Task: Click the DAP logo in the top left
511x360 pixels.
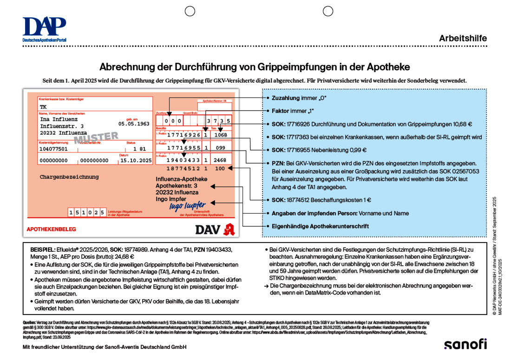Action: [x=44, y=29]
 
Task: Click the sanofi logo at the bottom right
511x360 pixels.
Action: [x=465, y=344]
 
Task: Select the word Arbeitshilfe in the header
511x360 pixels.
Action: [x=463, y=39]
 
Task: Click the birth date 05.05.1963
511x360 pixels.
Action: [x=134, y=124]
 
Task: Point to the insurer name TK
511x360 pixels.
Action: [x=43, y=107]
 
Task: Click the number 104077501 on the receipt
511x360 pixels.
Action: [x=53, y=149]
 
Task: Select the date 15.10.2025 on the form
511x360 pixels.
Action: [x=136, y=160]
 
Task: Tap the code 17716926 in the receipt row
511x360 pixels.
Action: [x=184, y=135]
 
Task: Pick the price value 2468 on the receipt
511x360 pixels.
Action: [x=220, y=160]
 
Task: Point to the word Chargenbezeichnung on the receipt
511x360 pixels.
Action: [x=69, y=177]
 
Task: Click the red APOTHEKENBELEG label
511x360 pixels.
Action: [x=51, y=229]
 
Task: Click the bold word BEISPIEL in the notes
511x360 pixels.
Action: [x=43, y=249]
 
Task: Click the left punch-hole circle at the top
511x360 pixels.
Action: [x=190, y=11]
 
